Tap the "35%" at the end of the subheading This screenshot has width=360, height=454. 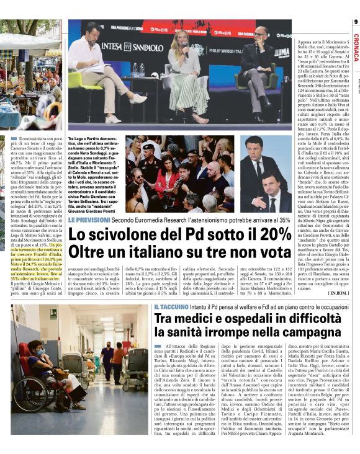[x=284, y=220]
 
